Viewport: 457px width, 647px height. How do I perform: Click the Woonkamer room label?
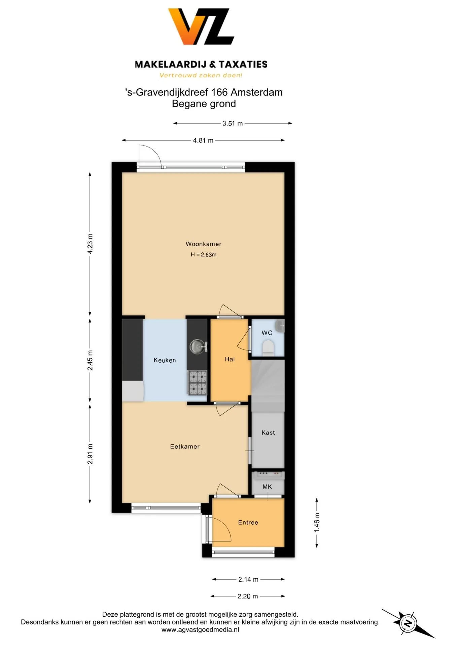tap(203, 244)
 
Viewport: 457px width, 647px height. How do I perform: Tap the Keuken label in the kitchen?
tap(165, 360)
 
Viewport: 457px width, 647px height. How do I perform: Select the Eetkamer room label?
tap(185, 446)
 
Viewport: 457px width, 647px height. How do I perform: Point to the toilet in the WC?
tap(268, 347)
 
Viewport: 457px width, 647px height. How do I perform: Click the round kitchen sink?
tap(198, 346)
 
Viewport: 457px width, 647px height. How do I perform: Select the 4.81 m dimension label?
tap(203, 140)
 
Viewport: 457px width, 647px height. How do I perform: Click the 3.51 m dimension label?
tap(233, 123)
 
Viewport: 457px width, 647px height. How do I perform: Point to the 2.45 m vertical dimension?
tap(90, 360)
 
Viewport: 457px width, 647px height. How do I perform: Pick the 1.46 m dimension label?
tap(317, 523)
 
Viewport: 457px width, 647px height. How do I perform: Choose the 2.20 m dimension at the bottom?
tap(248, 596)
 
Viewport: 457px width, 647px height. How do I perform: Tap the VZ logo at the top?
tap(201, 27)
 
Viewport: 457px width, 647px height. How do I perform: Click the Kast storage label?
tap(268, 432)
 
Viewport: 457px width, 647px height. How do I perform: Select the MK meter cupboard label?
tap(267, 487)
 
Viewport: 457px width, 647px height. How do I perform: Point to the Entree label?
tap(248, 522)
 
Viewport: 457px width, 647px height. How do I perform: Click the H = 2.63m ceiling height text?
tap(204, 255)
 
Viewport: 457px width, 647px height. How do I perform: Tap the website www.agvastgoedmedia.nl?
tap(200, 629)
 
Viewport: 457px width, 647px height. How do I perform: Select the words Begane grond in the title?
tap(204, 103)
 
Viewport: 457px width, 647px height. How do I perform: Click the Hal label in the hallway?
tap(230, 359)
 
